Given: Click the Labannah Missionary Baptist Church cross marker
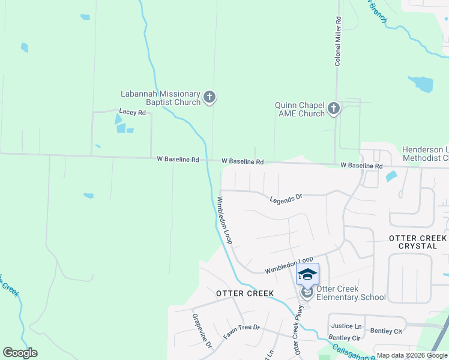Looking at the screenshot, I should pos(209,97).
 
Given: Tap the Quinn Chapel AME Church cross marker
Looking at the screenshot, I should pos(334,109).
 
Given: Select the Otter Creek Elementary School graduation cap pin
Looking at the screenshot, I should pos(307,275).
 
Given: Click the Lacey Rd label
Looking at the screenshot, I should pos(132,112).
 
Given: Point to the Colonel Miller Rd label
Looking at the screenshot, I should pos(338,41).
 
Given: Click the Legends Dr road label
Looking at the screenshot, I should pos(286,197).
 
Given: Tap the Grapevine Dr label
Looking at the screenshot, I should pos(202,330).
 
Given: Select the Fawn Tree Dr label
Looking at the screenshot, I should pos(241,332).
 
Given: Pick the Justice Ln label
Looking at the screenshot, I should pos(346,326).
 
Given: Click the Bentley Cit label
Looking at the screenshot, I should pos(386,331).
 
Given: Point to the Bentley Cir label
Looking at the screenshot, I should pos(344,338).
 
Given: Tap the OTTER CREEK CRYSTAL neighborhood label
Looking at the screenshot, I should pos(418,242).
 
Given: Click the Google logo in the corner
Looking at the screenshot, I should pos(20,353).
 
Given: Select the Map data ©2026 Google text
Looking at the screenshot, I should pos(412,355).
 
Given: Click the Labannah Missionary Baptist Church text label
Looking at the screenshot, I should pos(160,98).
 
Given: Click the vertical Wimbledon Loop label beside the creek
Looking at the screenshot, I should pos(224,220).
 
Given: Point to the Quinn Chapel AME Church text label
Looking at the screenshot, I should pos(300,109).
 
